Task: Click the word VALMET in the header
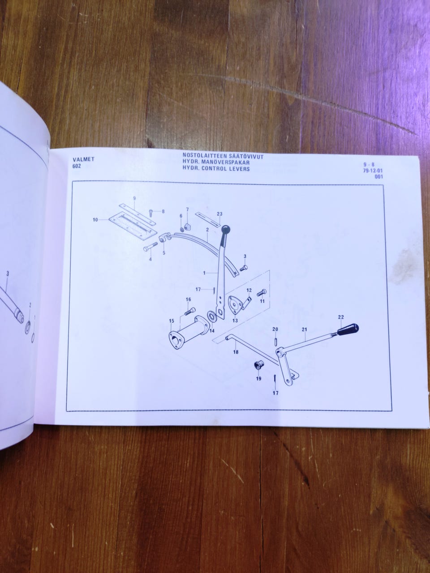click(x=84, y=159)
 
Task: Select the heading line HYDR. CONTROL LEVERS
click(x=216, y=169)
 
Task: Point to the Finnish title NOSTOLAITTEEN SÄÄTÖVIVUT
click(x=223, y=156)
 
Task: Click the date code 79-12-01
click(x=373, y=171)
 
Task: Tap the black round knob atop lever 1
click(x=226, y=230)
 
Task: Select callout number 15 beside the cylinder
click(x=171, y=321)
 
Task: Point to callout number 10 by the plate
click(x=95, y=220)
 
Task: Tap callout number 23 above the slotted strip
click(x=219, y=214)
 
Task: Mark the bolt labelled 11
click(x=262, y=293)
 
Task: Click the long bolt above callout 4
click(x=150, y=246)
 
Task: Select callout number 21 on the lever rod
click(x=304, y=329)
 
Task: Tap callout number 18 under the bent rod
click(x=236, y=352)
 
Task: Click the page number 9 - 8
click(x=369, y=165)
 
